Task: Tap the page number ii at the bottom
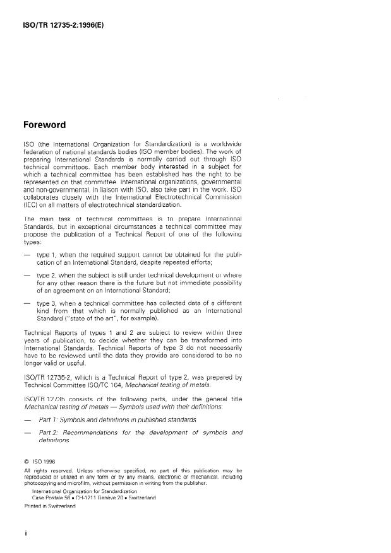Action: tap(26, 534)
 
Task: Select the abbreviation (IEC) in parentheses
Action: tap(30, 204)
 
